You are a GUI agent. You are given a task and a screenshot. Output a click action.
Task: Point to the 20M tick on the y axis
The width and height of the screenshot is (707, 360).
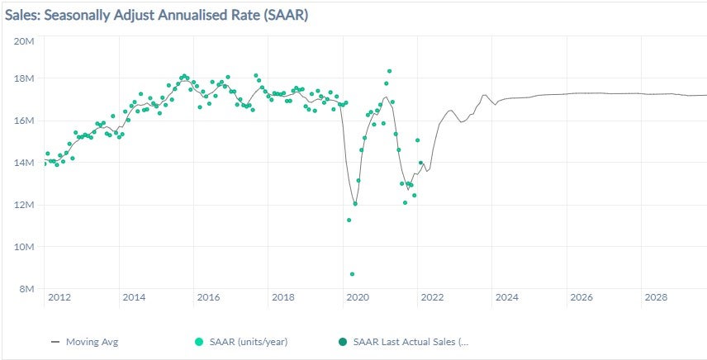pos(23,37)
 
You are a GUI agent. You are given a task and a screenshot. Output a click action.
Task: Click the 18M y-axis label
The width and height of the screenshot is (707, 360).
pos(23,78)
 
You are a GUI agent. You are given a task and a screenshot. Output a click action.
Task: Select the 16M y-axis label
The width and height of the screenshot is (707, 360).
pos(23,121)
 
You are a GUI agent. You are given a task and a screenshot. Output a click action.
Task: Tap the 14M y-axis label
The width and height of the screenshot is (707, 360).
pos(23,163)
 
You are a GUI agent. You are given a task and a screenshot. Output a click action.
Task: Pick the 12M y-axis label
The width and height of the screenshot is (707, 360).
pos(23,205)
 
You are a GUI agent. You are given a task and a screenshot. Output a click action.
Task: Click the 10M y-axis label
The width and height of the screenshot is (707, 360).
pos(23,247)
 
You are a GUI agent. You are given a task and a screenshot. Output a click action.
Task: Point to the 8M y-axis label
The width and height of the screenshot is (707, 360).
pos(25,289)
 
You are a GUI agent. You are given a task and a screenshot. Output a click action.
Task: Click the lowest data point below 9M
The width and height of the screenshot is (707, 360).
pos(352,274)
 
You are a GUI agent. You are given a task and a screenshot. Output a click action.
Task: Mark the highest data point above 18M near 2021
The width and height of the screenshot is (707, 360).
pos(389,71)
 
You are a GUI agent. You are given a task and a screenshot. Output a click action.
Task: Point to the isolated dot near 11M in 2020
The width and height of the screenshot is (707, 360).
pos(349,220)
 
